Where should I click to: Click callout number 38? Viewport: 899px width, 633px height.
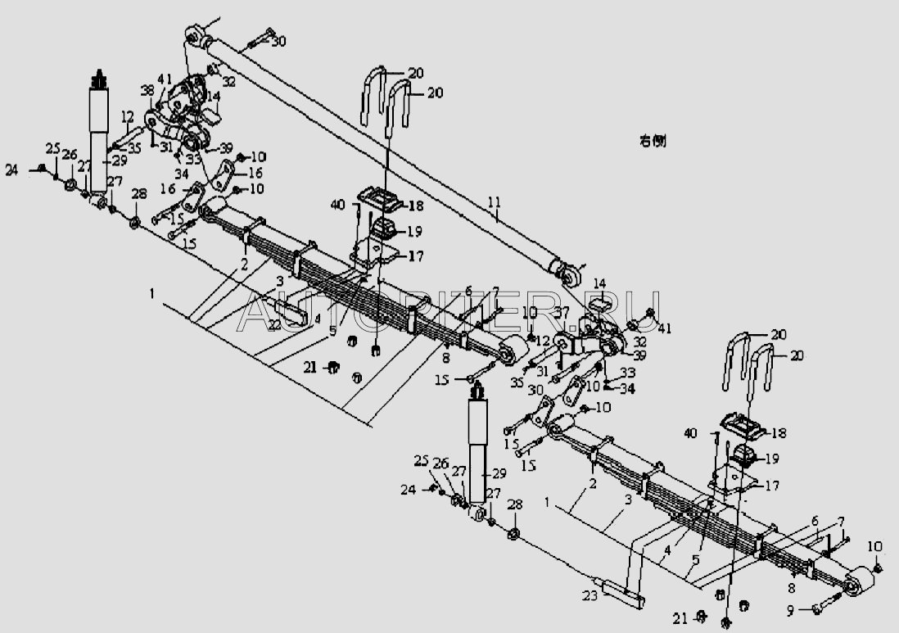pyautogui.click(x=147, y=91)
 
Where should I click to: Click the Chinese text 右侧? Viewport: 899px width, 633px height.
pyautogui.click(x=653, y=141)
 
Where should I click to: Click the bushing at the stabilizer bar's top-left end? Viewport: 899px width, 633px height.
pyautogui.click(x=196, y=36)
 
